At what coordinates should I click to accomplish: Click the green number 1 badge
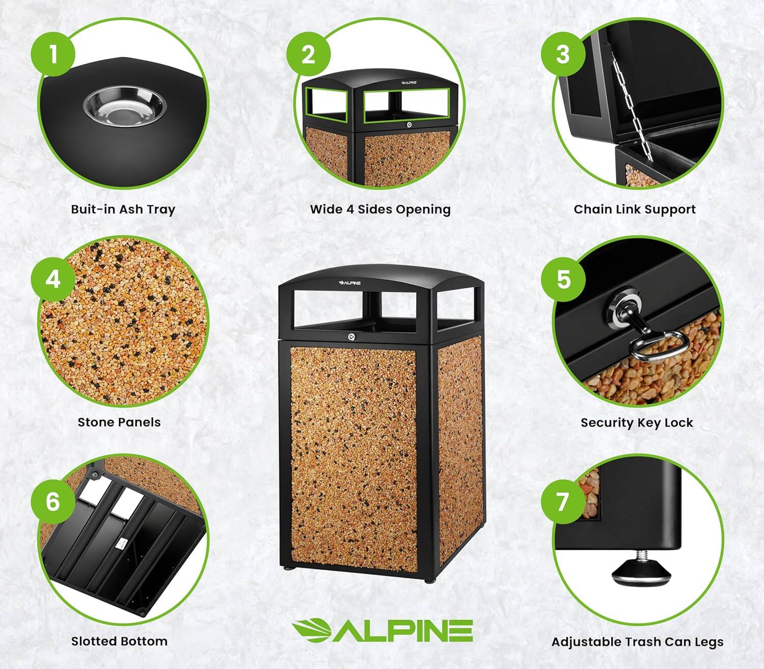[53, 53]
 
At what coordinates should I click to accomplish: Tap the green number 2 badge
[308, 54]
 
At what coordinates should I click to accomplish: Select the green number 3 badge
[563, 54]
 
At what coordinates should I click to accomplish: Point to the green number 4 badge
[53, 279]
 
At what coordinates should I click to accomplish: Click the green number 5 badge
[563, 279]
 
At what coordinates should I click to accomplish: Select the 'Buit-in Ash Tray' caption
[123, 209]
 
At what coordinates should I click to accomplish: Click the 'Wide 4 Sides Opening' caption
[380, 209]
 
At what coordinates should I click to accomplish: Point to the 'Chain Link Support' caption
[634, 209]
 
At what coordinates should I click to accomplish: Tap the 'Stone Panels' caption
[119, 422]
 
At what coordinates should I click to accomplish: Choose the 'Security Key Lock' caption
[637, 423]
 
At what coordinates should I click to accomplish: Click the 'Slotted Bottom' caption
[119, 641]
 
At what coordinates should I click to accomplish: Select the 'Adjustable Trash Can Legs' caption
[637, 642]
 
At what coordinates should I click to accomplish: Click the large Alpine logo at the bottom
[382, 630]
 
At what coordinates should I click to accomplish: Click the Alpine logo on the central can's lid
[350, 283]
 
